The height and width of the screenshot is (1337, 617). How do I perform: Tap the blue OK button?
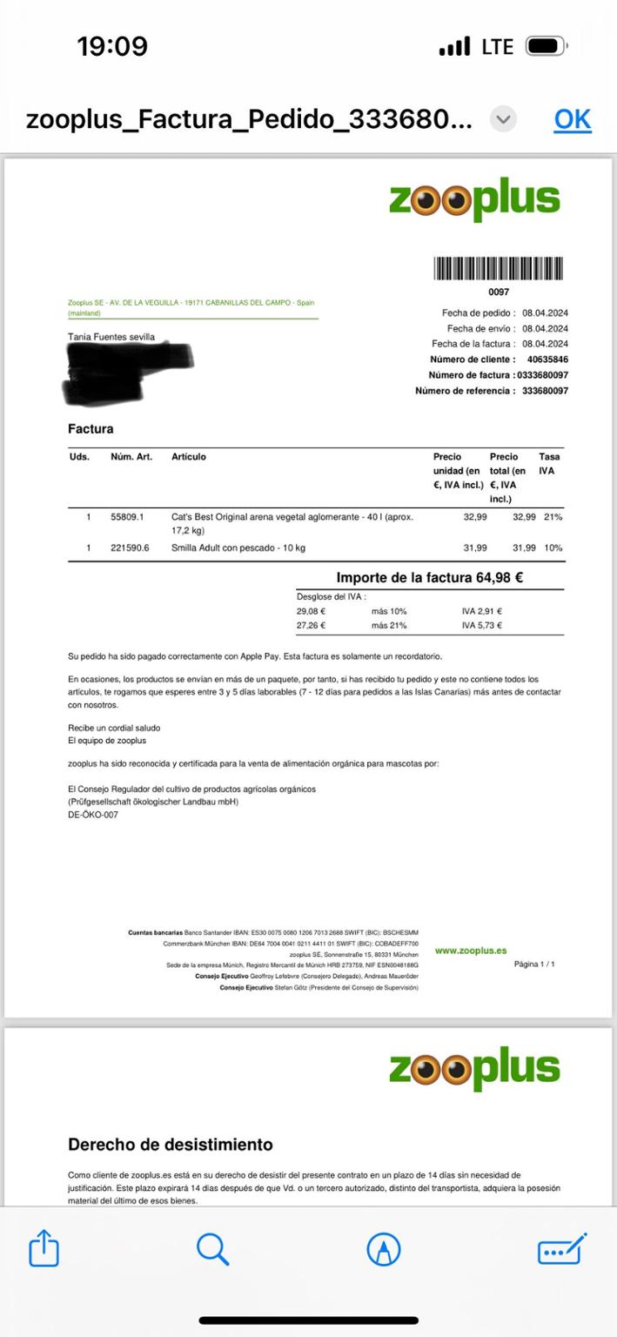coord(572,119)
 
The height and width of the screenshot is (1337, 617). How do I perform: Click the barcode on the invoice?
coord(499,268)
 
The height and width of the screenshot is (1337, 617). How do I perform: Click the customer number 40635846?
coord(547,359)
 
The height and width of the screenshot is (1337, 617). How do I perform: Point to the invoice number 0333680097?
coord(543,375)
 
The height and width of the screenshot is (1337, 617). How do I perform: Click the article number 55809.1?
coord(127,517)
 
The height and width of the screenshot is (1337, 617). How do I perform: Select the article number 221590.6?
coord(130,548)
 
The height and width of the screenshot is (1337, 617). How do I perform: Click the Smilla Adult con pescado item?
coord(238,548)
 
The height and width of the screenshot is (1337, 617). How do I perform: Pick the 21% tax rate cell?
coord(553,517)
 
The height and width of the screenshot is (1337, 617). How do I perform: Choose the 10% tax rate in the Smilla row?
coord(553,548)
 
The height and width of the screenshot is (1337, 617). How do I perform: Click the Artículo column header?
coord(189,457)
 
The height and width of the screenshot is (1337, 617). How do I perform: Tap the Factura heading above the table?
coord(91,428)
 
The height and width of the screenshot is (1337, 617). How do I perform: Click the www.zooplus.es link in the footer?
coord(470,951)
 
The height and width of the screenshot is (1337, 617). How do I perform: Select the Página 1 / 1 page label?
coord(534,964)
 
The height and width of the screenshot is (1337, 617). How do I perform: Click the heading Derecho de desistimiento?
coord(171,1145)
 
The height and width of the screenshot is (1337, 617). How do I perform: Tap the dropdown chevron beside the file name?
coord(503,118)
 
